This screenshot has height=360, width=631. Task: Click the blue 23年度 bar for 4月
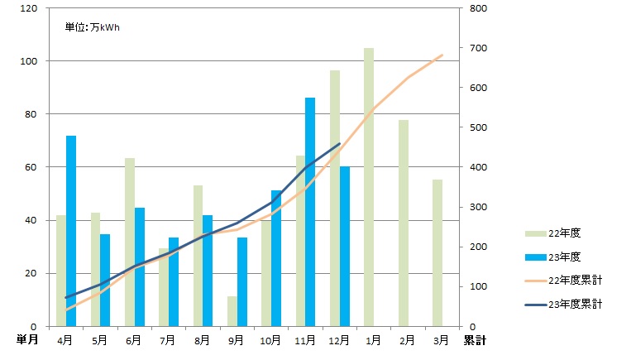click(x=71, y=231)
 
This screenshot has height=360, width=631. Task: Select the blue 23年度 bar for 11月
click(x=310, y=212)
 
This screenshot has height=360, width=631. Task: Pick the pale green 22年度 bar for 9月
click(x=232, y=311)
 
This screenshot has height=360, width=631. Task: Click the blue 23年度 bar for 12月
click(x=344, y=247)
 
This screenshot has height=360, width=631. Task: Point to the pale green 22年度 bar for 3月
click(x=437, y=252)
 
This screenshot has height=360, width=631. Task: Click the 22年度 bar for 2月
click(x=403, y=223)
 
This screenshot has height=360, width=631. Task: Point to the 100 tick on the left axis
click(x=30, y=61)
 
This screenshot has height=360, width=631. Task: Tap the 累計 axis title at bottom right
click(x=474, y=339)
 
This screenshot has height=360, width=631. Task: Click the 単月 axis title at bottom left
click(x=28, y=339)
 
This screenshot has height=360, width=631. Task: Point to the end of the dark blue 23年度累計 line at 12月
click(x=340, y=143)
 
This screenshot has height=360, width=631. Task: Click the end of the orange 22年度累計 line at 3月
click(x=442, y=55)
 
